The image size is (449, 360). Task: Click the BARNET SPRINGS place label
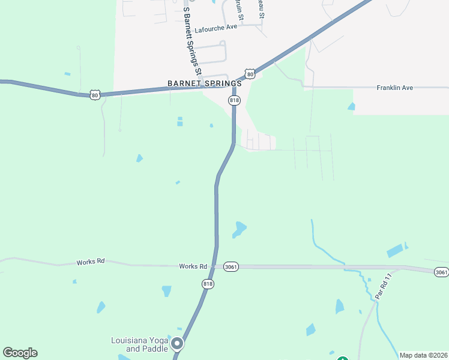click(x=204, y=83)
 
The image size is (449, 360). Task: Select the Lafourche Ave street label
click(x=215, y=28)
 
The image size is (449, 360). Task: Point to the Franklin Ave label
click(x=394, y=88)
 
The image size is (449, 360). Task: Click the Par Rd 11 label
click(x=382, y=287)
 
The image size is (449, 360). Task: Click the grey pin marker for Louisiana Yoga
click(x=177, y=344)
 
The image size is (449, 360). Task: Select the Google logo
click(x=20, y=353)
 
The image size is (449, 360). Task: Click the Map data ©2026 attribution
click(x=423, y=355)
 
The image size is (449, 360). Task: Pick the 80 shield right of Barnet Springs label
click(x=250, y=73)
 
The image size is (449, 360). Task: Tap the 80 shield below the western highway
click(x=95, y=95)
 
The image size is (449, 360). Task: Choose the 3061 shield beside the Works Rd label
click(x=231, y=266)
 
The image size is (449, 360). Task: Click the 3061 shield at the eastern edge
click(x=441, y=272)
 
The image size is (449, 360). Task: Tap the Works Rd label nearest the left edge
click(x=91, y=262)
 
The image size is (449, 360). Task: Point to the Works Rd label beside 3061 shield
click(x=193, y=266)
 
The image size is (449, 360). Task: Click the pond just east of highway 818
click(x=240, y=229)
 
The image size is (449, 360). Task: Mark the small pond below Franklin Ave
click(x=351, y=107)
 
